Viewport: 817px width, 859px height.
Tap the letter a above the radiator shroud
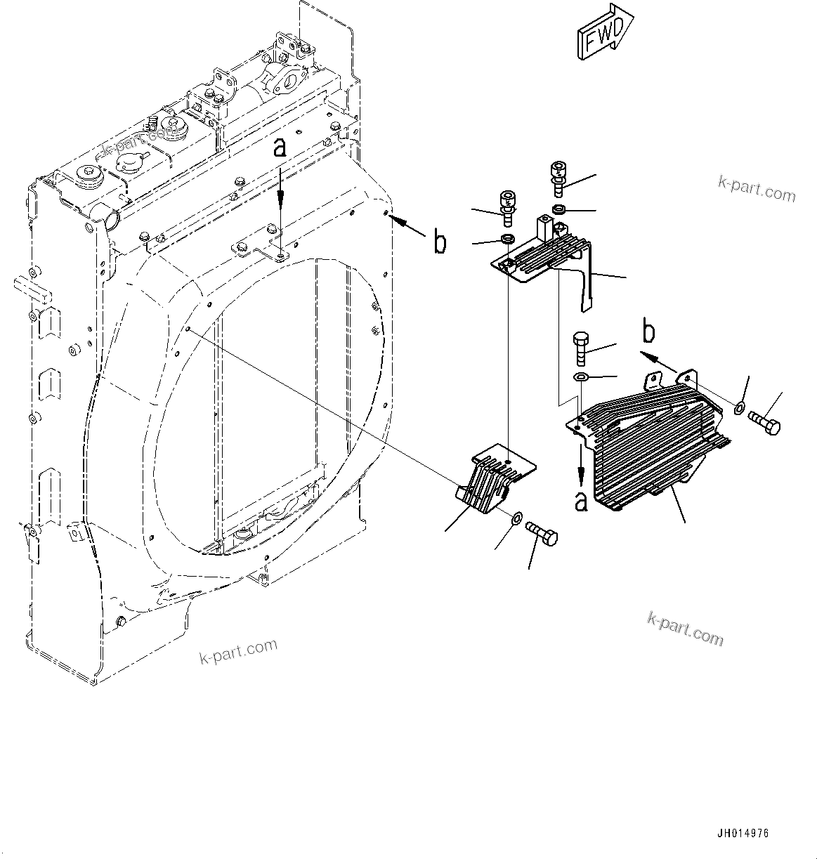[280, 147]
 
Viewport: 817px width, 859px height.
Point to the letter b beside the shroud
[440, 242]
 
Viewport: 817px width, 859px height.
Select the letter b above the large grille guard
[650, 332]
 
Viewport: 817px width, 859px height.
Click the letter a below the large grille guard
[581, 501]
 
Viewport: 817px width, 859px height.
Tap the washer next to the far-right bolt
[740, 408]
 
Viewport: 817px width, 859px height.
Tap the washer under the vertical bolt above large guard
[581, 379]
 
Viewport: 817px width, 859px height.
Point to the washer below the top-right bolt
[559, 209]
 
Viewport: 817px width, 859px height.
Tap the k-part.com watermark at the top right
[757, 188]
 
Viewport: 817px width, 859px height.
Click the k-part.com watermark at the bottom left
[238, 650]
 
